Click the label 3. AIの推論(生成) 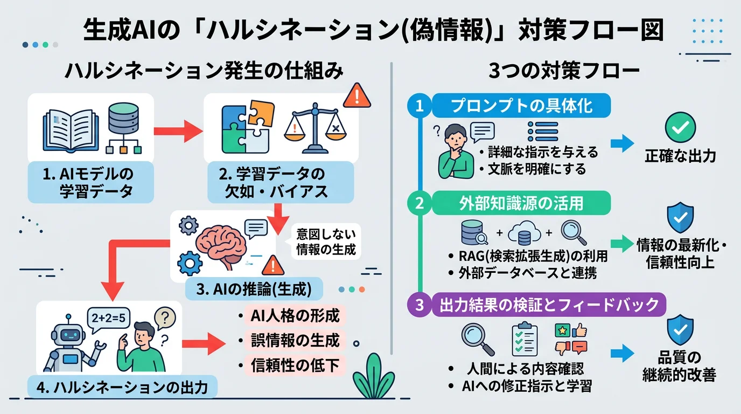[254, 289]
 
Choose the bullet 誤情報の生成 [295, 341]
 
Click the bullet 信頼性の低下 [295, 366]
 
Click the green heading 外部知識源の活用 [521, 204]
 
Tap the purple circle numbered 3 [420, 305]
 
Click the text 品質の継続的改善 [679, 367]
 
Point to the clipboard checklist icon [523, 339]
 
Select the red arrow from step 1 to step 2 [177, 131]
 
